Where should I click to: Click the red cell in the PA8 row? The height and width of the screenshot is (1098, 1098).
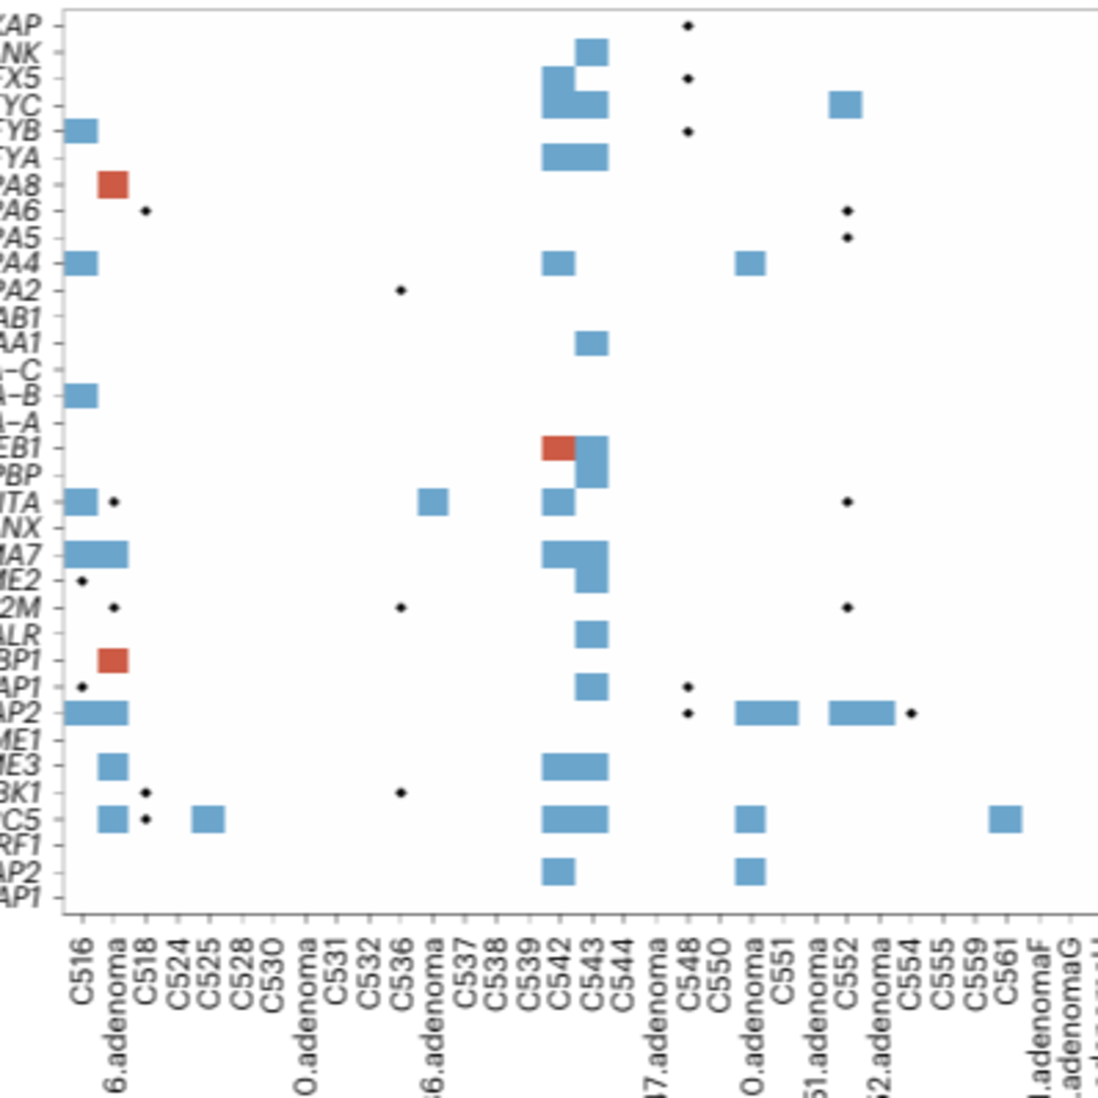tap(113, 185)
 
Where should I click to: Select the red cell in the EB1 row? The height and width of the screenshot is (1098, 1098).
tap(558, 448)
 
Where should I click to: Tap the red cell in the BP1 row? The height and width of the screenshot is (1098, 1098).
tap(113, 660)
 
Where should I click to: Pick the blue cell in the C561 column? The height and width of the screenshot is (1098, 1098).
tap(1005, 819)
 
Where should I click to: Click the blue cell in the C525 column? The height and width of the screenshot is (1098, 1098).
tap(208, 819)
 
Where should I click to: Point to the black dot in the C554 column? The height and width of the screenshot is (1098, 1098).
tap(911, 713)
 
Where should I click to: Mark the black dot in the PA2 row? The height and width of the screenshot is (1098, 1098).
tap(401, 290)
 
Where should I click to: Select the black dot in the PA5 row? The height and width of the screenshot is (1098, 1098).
tap(847, 238)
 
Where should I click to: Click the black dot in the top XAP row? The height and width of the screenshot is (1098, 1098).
tap(688, 26)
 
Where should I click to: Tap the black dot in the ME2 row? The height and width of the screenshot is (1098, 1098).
tap(82, 581)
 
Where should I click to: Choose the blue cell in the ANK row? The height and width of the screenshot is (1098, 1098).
tap(591, 52)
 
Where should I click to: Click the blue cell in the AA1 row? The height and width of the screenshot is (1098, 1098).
tap(591, 343)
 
